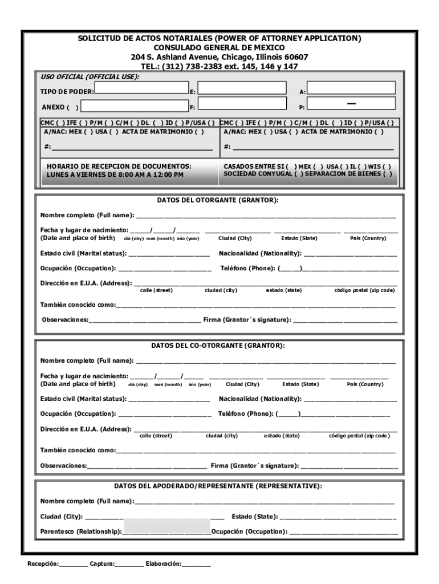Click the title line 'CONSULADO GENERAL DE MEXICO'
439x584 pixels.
[x=219, y=48]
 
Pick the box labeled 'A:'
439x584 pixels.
[x=351, y=87]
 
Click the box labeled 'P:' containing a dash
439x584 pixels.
[x=351, y=103]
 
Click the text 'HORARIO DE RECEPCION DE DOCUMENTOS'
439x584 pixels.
[x=119, y=166]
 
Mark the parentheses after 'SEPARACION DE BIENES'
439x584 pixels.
[x=387, y=174]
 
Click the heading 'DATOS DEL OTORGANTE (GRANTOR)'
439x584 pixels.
[x=218, y=200]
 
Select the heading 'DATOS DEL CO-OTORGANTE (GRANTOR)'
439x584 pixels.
[x=218, y=346]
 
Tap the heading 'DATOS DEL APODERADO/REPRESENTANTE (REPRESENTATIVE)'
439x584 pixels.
[x=218, y=486]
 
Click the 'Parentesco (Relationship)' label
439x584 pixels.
[x=80, y=532]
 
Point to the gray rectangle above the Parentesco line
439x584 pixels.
[x=166, y=525]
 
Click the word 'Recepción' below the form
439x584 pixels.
[x=43, y=564]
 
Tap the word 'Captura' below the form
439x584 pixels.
[x=101, y=564]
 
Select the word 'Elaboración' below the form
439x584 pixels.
[x=163, y=564]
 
